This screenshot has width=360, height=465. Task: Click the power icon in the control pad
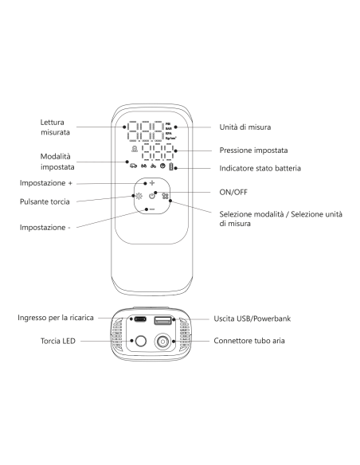[152, 196]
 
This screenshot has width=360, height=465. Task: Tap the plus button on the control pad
[152, 183]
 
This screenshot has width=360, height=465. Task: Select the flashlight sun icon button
[139, 196]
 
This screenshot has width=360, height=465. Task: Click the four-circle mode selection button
[165, 196]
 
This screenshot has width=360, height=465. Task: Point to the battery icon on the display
[170, 166]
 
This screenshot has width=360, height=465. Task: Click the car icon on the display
[134, 166]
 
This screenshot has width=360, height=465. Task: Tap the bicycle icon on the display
[153, 166]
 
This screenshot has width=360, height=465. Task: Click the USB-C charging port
[140, 319]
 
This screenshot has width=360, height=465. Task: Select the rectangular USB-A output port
[162, 320]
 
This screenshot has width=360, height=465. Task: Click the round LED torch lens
[140, 341]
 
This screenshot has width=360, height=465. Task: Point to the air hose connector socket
[162, 342]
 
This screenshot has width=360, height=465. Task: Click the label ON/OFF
[233, 192]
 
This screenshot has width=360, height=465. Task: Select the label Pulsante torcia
[45, 201]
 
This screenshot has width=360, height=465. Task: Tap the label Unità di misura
[245, 127]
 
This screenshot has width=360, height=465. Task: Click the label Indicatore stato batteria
[260, 168]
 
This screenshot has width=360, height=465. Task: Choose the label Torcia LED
[58, 341]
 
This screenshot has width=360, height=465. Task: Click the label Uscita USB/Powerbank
[252, 318]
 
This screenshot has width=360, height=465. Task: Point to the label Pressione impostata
[253, 150]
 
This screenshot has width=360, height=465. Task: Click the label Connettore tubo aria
[249, 341]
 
